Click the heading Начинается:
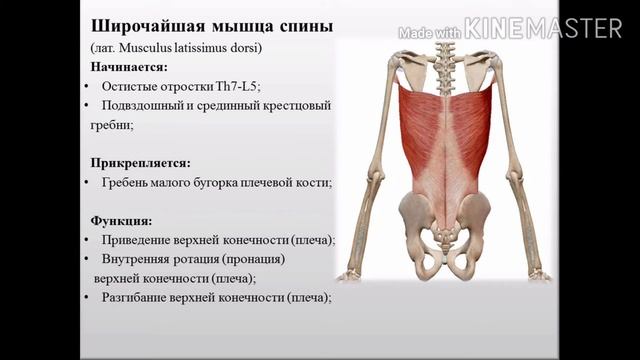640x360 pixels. click(129, 67)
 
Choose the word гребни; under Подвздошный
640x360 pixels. click(124, 125)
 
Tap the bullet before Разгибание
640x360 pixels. click(89, 298)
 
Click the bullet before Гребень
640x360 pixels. click(89, 183)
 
